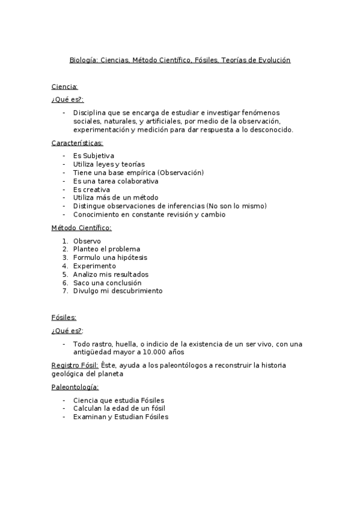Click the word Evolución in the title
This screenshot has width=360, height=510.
coord(272,60)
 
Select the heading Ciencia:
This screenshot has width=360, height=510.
coord(65,87)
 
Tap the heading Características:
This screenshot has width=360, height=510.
coord(77,143)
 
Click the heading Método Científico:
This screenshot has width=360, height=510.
coord(81,228)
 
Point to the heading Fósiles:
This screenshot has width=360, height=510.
coord(64,318)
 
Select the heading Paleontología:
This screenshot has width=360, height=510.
coord(75,387)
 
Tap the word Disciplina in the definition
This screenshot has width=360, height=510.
coord(90,112)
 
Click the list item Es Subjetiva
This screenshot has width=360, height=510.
coord(94,156)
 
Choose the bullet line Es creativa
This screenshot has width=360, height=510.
coord(91,189)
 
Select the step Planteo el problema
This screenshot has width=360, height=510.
coord(106,249)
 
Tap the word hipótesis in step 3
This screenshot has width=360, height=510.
coord(130,257)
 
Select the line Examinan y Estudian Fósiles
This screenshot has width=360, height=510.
coord(121,417)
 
